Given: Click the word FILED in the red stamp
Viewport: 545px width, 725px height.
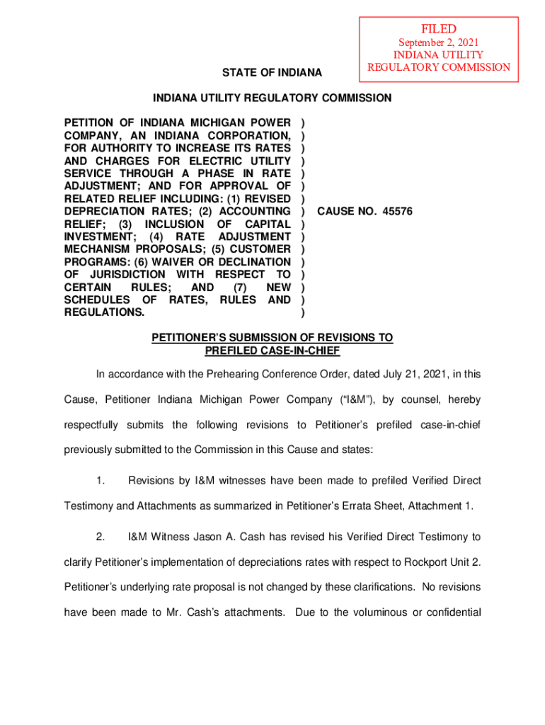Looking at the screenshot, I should click(439, 29).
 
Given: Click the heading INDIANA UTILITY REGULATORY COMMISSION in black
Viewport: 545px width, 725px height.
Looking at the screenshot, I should click(272, 98).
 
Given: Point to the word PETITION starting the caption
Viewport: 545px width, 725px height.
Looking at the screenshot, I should click(91, 123).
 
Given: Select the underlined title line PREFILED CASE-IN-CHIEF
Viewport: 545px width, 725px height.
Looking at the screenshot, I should click(272, 350).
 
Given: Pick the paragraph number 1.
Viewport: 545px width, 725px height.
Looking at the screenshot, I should click(101, 481).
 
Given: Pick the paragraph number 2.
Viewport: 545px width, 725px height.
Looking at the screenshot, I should click(101, 537).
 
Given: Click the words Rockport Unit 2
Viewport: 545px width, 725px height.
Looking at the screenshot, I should click(439, 562).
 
